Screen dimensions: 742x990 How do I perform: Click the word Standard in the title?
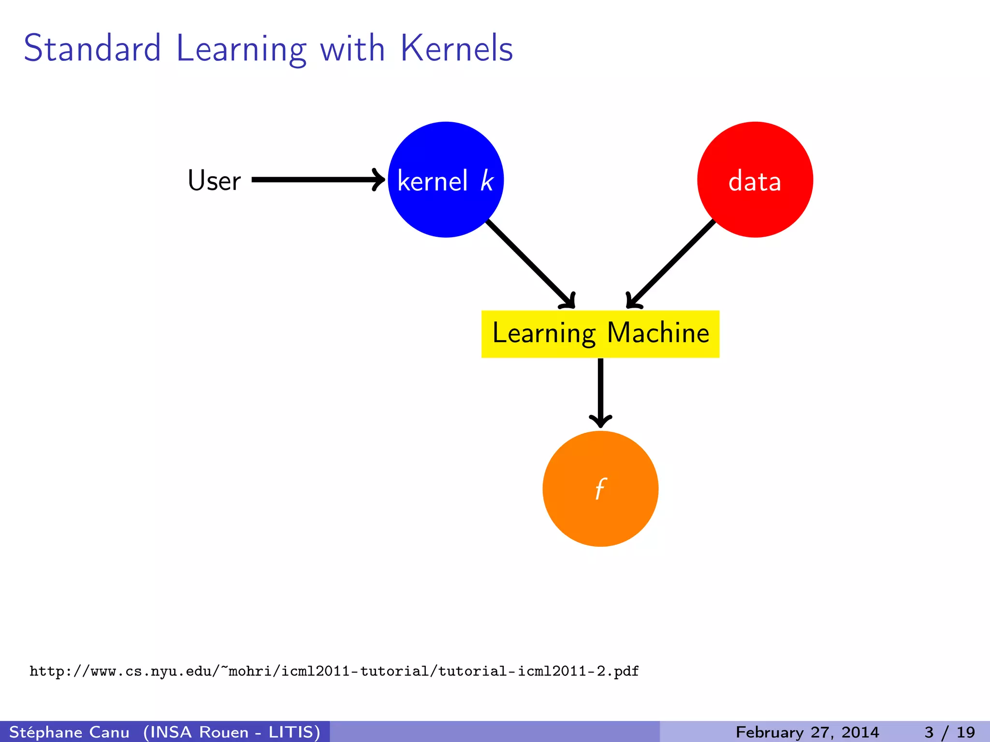pos(92,48)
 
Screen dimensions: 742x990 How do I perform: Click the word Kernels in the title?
pos(457,48)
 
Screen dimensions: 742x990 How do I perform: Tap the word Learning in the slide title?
pos(241,49)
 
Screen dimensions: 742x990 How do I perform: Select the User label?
pos(214,181)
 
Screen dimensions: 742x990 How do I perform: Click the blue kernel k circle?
pos(445,213)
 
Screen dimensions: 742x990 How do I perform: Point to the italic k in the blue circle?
pos(487,181)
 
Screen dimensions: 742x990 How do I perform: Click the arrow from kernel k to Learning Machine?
pos(529,263)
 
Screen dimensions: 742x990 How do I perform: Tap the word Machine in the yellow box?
pos(658,333)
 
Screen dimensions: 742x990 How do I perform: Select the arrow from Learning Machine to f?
pos(600,391)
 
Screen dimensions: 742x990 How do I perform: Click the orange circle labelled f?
pos(600,512)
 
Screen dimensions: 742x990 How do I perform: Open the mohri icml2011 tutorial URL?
pos(334,671)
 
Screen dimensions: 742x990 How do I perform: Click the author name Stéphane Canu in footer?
pos(69,732)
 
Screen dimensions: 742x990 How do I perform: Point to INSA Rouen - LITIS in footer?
pos(232,732)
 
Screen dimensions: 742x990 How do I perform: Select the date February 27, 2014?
pos(807,732)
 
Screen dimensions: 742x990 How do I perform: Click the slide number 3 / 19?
pos(949,732)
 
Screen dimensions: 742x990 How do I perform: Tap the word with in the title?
pos(352,48)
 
